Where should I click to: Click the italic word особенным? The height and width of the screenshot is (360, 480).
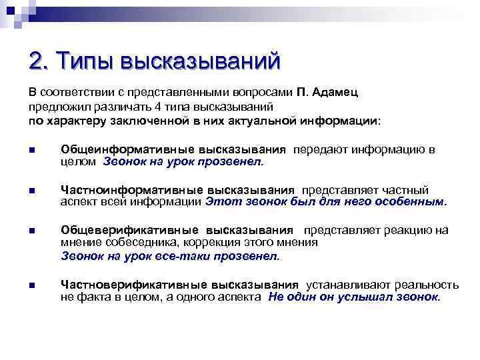coord(411,201)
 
